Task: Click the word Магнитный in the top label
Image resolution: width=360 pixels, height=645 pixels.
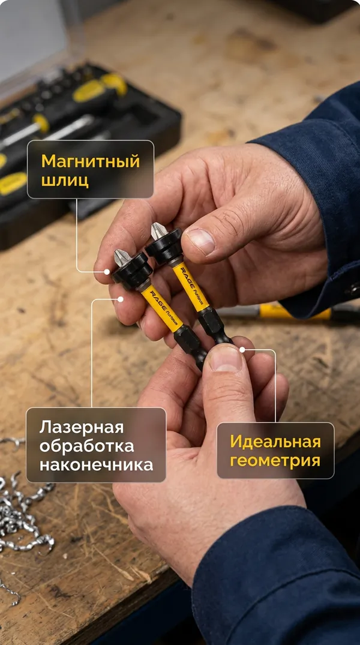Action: tap(91, 162)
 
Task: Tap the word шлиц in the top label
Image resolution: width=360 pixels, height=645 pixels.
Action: tap(65, 181)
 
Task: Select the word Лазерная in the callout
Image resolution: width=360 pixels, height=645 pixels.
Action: tap(82, 428)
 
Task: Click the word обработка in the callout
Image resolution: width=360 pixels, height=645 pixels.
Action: tap(87, 446)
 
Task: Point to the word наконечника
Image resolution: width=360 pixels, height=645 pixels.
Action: tap(96, 465)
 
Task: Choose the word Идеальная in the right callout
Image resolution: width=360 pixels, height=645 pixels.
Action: tap(275, 442)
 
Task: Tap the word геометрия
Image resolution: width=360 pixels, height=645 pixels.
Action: tap(275, 461)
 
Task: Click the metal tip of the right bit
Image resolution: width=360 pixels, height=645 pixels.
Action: tap(159, 231)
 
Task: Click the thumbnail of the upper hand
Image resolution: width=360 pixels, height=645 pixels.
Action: tap(200, 241)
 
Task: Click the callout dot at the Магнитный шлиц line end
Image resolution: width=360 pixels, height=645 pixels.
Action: tap(107, 271)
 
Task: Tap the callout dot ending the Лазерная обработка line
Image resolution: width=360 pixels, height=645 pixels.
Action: tap(120, 299)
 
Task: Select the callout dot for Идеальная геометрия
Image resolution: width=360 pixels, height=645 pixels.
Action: tap(242, 350)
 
